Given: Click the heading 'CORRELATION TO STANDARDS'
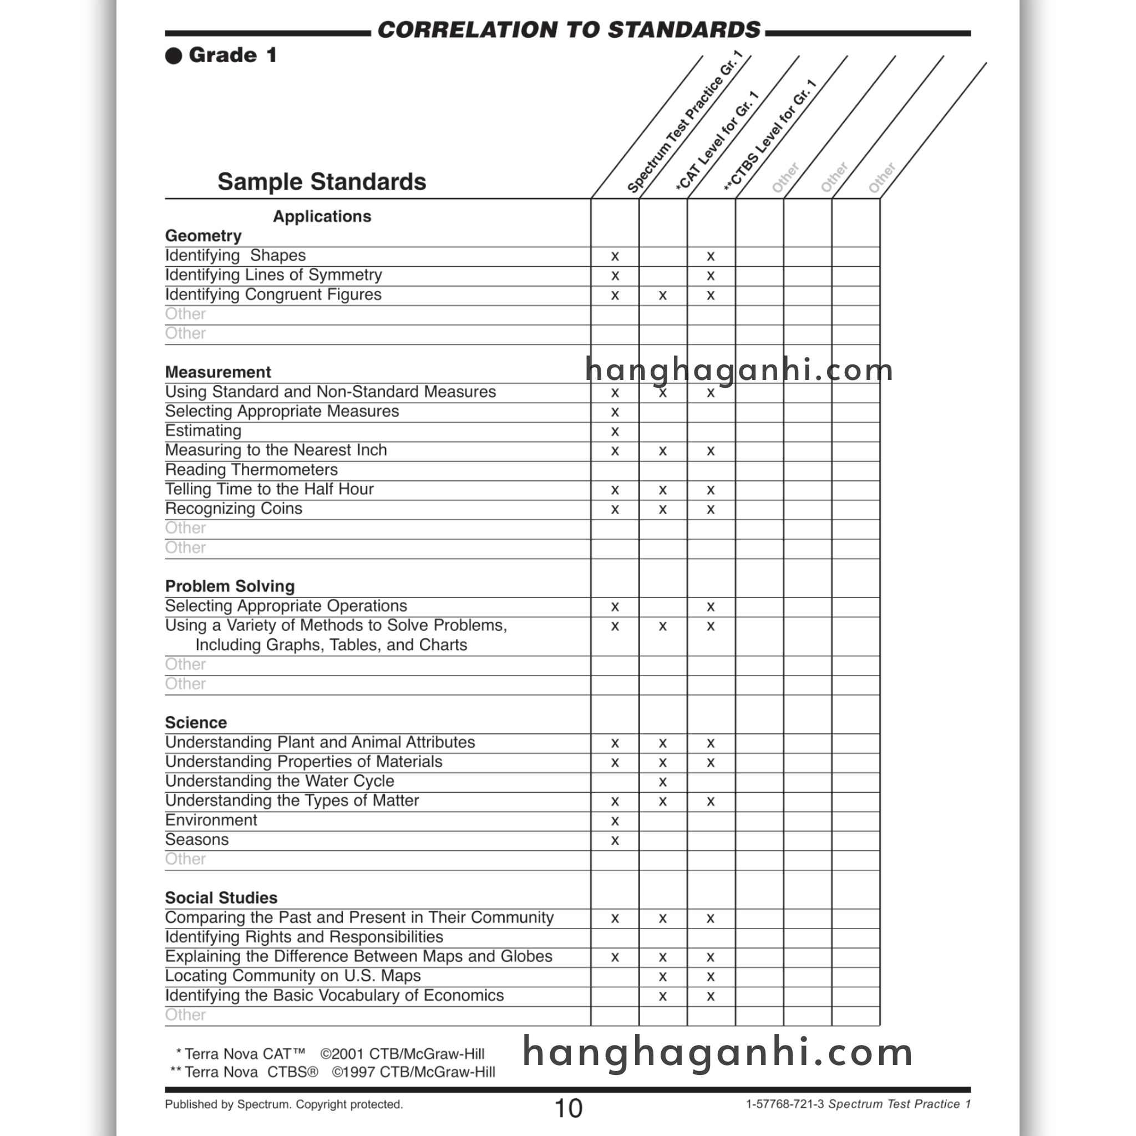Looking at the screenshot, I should (x=569, y=30).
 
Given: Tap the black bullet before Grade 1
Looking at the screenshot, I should (x=174, y=56).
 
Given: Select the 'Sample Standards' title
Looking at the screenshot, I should (x=322, y=182).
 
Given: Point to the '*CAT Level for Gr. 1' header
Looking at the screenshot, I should (x=717, y=141).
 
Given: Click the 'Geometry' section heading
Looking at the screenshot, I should (x=204, y=236).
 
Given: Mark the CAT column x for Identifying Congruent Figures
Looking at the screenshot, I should (x=663, y=295).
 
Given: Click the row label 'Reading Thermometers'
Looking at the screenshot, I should (x=251, y=470).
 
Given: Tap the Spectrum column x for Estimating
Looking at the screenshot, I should (x=615, y=432).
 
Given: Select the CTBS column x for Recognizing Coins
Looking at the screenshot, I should (x=711, y=509).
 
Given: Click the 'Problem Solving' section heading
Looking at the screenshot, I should (x=230, y=586).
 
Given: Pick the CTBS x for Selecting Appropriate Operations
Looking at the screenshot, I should (x=711, y=607).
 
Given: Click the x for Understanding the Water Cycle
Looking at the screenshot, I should (x=663, y=782).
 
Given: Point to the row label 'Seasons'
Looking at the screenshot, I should (x=196, y=840).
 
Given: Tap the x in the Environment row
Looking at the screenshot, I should (x=615, y=821).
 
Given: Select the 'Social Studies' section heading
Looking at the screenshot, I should (x=221, y=898).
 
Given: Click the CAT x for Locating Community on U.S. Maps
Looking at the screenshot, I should (x=663, y=977).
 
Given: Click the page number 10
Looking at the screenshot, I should (x=569, y=1108).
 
